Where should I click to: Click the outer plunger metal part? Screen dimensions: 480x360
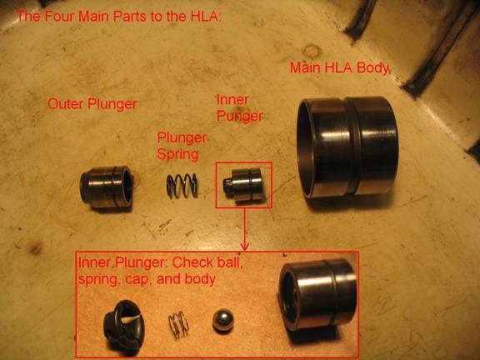pyautogui.click(x=107, y=187)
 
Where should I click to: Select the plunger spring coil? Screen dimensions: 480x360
pyautogui.click(x=182, y=186)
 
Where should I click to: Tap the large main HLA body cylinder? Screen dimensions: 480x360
pyautogui.click(x=347, y=147)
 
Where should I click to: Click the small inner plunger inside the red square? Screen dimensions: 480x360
pyautogui.click(x=243, y=185)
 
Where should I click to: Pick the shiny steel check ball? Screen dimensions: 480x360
pyautogui.click(x=223, y=320)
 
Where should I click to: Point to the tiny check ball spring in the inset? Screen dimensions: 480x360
pyautogui.click(x=178, y=324)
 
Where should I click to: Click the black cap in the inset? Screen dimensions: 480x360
pyautogui.click(x=123, y=325)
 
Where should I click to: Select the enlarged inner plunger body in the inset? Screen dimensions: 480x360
pyautogui.click(x=318, y=294)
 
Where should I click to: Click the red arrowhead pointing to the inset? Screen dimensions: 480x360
pyautogui.click(x=244, y=246)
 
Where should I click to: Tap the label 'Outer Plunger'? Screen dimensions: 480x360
pyautogui.click(x=92, y=104)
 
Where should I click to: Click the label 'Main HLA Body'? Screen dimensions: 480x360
pyautogui.click(x=339, y=67)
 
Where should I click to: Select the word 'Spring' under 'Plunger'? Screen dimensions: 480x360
pyautogui.click(x=177, y=154)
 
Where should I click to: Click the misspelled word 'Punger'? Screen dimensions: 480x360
pyautogui.click(x=240, y=117)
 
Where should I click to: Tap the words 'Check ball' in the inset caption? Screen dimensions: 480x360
pyautogui.click(x=207, y=262)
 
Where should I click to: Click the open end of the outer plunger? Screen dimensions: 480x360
pyautogui.click(x=126, y=186)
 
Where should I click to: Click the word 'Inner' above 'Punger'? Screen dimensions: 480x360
pyautogui.click(x=232, y=100)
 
